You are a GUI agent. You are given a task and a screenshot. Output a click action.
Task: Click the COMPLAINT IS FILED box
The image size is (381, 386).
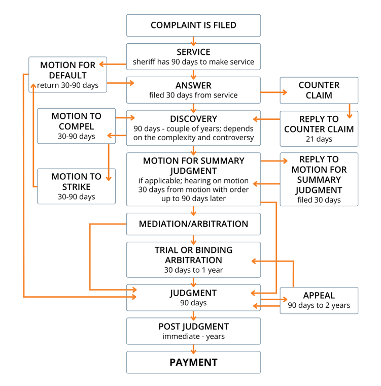click(x=193, y=25)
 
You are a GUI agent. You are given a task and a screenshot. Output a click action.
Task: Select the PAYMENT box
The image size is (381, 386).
click(x=193, y=362)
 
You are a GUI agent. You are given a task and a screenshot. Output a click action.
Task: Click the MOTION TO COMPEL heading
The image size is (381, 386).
click(x=77, y=121)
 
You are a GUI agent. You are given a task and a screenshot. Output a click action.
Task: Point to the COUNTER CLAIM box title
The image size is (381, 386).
click(x=319, y=90)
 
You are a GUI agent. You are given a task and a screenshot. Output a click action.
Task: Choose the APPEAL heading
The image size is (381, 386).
click(x=319, y=296)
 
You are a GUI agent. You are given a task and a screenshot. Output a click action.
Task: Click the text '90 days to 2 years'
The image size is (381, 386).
click(x=319, y=306)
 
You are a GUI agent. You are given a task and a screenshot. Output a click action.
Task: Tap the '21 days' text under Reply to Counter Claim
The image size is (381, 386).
click(x=319, y=139)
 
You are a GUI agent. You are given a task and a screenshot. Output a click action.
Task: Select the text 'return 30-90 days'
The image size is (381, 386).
click(x=67, y=85)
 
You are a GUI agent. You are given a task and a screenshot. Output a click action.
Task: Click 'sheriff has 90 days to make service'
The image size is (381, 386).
click(x=193, y=62)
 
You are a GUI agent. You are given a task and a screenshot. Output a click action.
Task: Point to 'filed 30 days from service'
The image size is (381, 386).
click(x=193, y=95)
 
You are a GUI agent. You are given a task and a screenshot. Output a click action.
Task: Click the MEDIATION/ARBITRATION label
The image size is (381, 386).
click(x=193, y=224)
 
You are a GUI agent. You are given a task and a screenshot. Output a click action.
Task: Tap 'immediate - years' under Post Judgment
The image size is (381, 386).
click(x=193, y=336)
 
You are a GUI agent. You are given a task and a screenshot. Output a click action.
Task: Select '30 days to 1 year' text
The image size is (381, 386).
click(x=193, y=270)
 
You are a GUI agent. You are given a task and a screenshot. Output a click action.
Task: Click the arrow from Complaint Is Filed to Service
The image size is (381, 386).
click(x=193, y=40)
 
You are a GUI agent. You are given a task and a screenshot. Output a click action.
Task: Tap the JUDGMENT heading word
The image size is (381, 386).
click(x=193, y=293)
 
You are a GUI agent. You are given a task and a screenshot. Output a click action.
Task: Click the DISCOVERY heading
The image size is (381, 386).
click(x=193, y=119)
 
